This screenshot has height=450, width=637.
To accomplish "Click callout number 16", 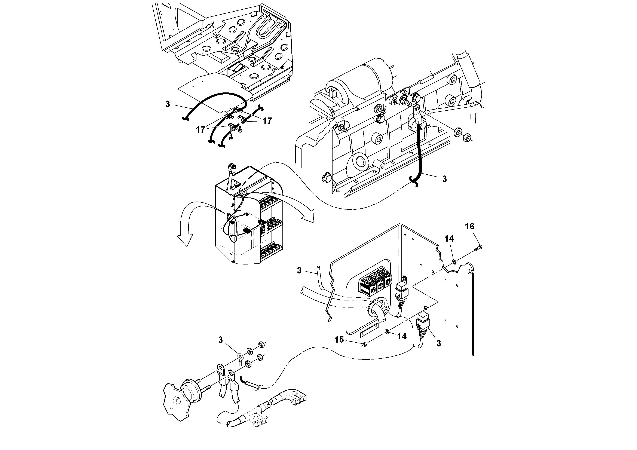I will click(469, 227).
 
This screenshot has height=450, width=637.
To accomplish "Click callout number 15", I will click(339, 340).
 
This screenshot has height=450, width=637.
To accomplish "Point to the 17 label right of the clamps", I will click(267, 121).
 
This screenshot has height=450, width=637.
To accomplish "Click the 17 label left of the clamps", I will click(200, 129).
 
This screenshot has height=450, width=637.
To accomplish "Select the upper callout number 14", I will click(449, 239).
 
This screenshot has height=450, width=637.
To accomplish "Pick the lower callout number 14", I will click(401, 337).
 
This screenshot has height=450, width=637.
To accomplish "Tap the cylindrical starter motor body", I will click(369, 75).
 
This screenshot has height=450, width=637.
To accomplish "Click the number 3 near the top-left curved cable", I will click(168, 104).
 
